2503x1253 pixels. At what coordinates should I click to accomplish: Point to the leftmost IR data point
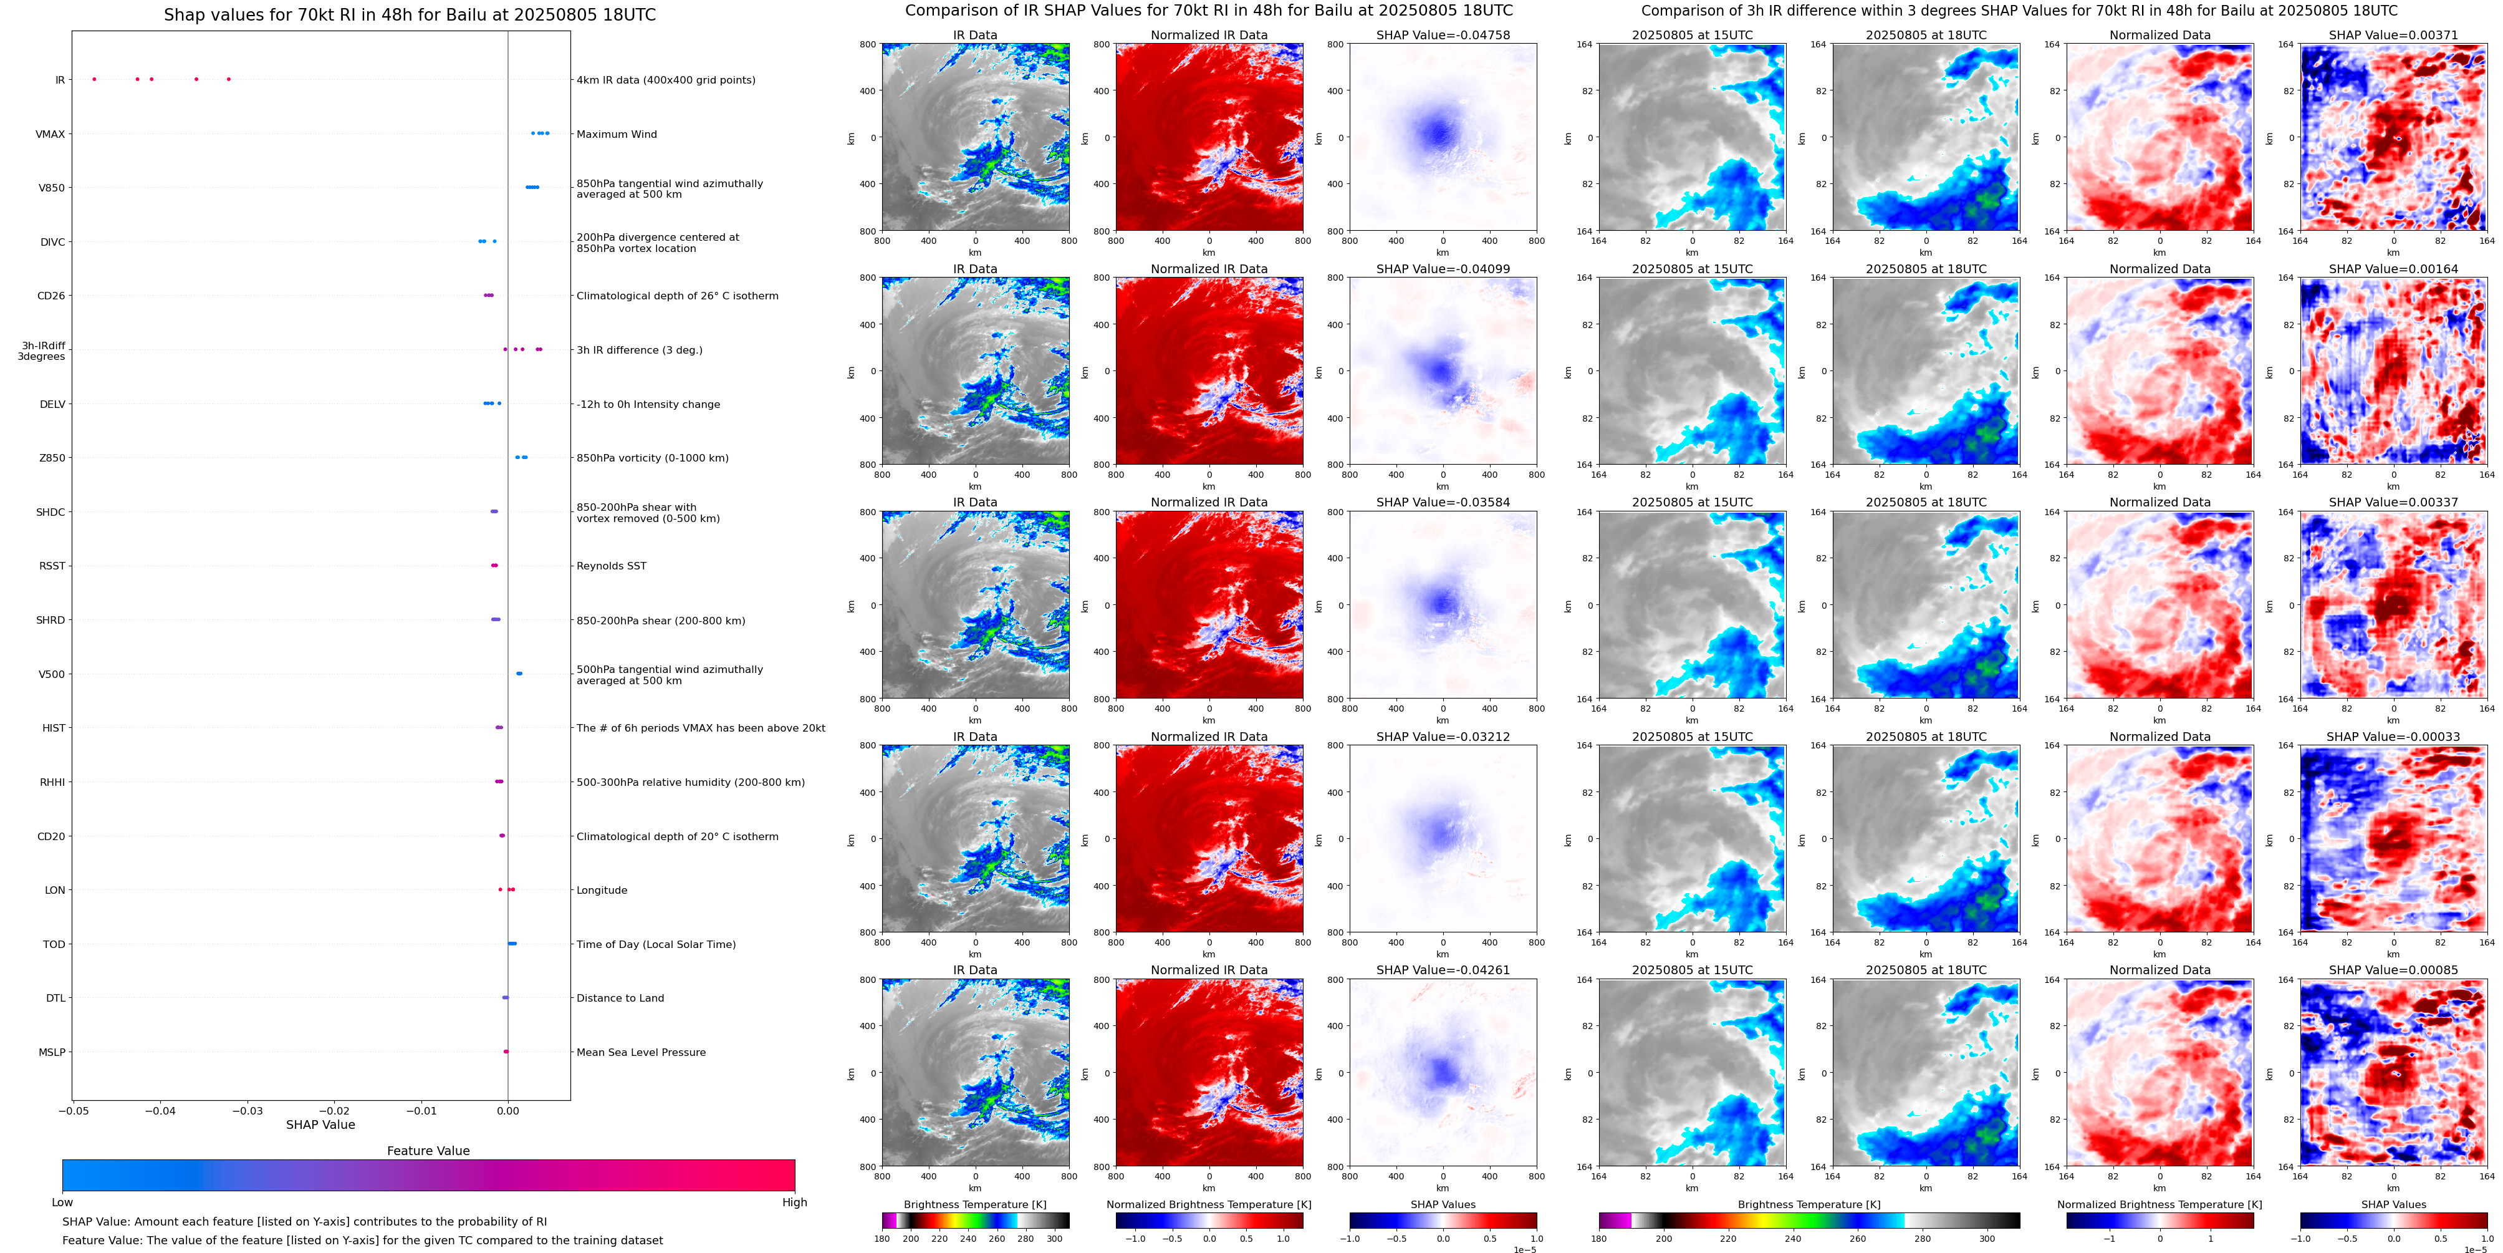click(94, 79)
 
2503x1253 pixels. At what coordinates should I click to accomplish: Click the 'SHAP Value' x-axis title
click(320, 1125)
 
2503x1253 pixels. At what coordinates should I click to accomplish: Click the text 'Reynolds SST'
click(611, 566)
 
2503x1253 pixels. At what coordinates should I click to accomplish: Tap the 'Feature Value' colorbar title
click(428, 1151)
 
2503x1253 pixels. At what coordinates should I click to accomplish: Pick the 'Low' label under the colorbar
click(62, 1202)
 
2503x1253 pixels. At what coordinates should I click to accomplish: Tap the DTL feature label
click(55, 999)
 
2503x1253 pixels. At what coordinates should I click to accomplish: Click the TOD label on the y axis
click(54, 944)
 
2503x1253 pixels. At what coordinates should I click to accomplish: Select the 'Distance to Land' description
click(620, 999)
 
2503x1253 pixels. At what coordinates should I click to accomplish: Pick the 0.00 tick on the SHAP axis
click(507, 1110)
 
